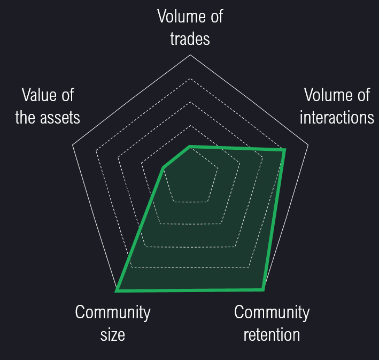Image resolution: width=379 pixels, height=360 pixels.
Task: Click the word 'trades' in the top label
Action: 190,39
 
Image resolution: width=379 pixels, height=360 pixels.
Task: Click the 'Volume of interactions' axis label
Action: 337,106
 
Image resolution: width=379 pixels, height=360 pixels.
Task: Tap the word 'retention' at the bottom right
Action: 272,335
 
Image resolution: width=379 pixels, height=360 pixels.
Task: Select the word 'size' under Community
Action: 113,335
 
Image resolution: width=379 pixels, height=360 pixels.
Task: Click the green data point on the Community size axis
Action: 117,290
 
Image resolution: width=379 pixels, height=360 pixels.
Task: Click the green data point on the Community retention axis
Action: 263,289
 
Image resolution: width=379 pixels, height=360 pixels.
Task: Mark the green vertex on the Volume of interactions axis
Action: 284,150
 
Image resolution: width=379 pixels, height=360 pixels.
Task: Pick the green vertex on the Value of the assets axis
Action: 163,168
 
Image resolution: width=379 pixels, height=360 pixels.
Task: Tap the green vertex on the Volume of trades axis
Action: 190,145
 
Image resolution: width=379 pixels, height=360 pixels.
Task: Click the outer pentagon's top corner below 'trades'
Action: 190,55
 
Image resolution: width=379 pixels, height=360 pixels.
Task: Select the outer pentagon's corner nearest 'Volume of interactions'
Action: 308,144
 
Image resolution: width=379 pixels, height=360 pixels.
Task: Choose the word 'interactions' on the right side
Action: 337,118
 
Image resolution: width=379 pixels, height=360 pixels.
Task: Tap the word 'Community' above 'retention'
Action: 272,312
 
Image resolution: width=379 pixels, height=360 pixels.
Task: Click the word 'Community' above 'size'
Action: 113,312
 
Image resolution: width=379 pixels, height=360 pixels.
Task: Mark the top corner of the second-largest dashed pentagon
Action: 190,79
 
